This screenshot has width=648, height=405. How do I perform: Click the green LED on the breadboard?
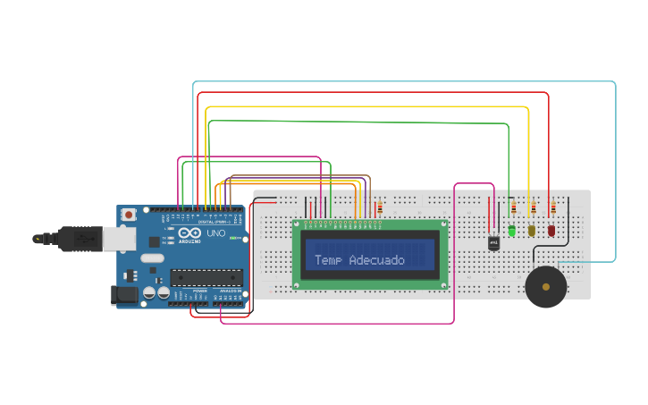tap(512, 231)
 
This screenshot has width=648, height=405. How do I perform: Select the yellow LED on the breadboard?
tap(532, 231)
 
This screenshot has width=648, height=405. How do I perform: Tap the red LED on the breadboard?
tap(551, 231)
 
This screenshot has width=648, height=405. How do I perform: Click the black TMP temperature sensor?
tap(493, 242)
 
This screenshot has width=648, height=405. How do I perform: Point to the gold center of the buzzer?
tap(545, 287)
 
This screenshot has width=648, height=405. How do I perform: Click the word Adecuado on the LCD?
tap(376, 260)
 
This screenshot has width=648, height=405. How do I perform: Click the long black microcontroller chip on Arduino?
tap(206, 279)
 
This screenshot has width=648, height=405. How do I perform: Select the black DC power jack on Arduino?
tap(120, 296)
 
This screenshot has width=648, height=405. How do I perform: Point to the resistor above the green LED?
tap(513, 209)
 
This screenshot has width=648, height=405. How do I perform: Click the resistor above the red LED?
tap(552, 209)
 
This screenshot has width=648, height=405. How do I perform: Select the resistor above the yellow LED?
tap(533, 209)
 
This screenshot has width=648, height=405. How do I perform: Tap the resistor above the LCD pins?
tap(381, 208)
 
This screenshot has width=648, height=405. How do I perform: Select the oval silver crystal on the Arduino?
tap(153, 259)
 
